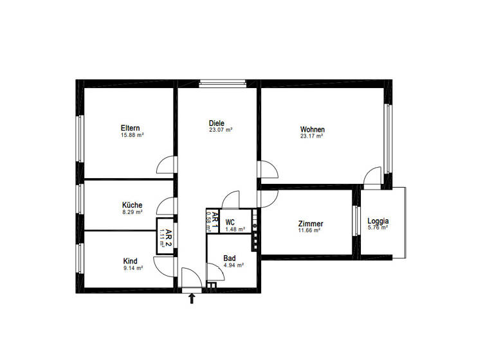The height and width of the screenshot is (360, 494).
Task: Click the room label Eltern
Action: click(131, 128)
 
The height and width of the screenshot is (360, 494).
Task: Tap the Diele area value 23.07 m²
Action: click(221, 130)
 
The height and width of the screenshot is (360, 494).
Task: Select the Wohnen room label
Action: click(312, 129)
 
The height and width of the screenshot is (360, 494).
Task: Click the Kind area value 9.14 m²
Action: click(132, 268)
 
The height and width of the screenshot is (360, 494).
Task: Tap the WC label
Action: click(230, 222)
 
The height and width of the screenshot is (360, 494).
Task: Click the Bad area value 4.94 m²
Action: click(233, 265)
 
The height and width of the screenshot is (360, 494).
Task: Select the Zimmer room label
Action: click(311, 224)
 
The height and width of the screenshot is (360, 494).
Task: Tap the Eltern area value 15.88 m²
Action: click(132, 135)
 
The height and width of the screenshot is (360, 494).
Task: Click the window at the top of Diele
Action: click(223, 82)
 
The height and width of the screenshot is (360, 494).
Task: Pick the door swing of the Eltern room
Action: click(167, 165)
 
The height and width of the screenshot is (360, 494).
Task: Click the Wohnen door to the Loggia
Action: click(372, 177)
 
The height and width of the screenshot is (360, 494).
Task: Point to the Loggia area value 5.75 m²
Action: click(378, 227)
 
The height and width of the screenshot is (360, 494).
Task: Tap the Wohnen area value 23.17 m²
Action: click(312, 136)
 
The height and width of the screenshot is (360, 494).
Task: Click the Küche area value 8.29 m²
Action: click(132, 212)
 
